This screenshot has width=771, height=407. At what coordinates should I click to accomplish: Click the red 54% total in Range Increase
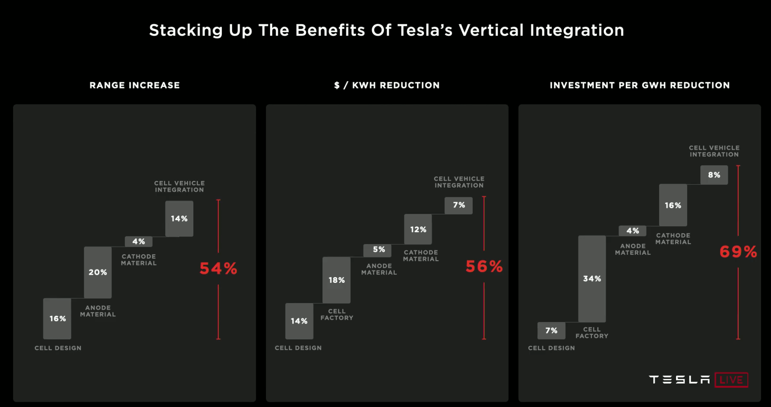click(218, 268)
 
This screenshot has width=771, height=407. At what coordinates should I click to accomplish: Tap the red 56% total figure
click(484, 266)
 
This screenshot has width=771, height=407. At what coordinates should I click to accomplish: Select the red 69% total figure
click(738, 252)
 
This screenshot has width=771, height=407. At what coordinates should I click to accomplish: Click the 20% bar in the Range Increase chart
click(98, 272)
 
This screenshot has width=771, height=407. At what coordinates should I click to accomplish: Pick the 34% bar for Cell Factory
click(592, 279)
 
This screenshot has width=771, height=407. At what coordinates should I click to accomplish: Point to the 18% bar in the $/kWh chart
click(336, 280)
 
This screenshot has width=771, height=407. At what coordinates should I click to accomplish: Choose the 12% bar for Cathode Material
click(418, 229)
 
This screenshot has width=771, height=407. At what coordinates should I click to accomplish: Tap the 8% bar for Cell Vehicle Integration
click(714, 175)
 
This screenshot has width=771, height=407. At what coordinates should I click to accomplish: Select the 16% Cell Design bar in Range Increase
click(57, 319)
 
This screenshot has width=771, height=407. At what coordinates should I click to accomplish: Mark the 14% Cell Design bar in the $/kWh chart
click(299, 321)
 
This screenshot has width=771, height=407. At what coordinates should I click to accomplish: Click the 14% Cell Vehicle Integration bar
click(179, 218)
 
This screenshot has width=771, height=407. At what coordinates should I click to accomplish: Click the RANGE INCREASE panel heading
click(135, 85)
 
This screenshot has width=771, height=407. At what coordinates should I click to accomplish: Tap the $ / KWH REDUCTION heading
click(387, 85)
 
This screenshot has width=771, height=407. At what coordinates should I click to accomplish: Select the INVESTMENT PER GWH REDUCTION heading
click(640, 85)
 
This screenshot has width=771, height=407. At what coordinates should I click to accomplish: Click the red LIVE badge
click(731, 380)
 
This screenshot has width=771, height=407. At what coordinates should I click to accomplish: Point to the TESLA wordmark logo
click(679, 380)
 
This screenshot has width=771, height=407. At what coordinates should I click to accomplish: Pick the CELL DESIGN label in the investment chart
click(551, 348)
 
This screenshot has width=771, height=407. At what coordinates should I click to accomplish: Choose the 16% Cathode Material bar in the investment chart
click(673, 205)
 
